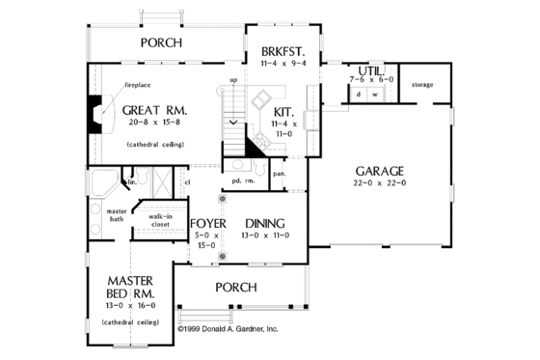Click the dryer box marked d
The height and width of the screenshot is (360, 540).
point(359,95)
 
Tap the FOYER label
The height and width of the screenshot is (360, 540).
point(208,220)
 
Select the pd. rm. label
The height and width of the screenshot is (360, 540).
point(242,180)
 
